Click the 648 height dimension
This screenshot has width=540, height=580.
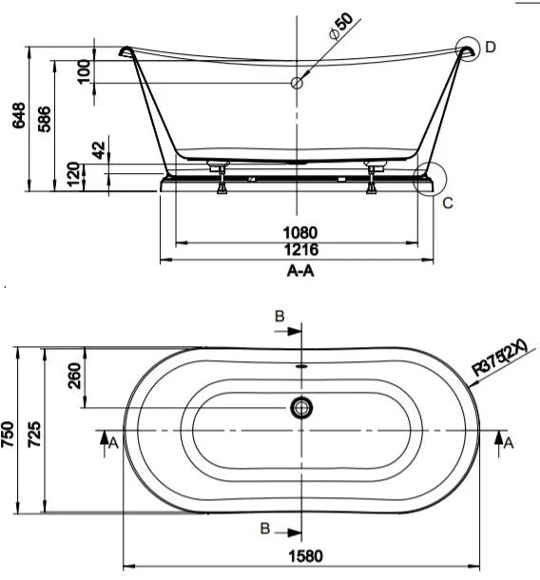(19, 116)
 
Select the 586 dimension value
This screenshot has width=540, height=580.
(45, 119)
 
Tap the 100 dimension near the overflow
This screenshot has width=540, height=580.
(85, 71)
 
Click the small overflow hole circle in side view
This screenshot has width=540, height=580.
(297, 83)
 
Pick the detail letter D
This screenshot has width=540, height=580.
(490, 48)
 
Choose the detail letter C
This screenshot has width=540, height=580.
(448, 203)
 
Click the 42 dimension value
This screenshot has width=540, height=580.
(99, 150)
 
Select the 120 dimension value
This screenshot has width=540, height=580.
(73, 174)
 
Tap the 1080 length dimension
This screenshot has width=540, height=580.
(300, 233)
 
